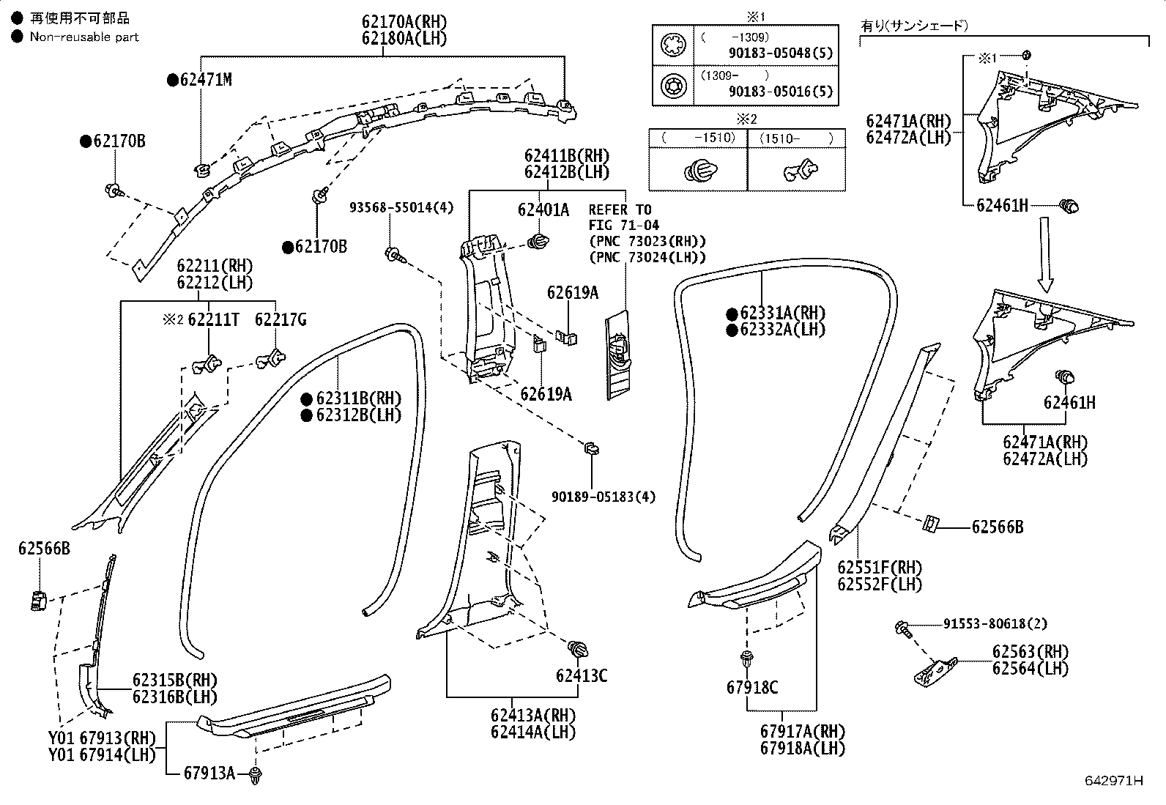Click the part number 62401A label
[543, 209]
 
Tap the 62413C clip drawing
[579, 649]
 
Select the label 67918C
[752, 688]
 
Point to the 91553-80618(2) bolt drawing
[904, 628]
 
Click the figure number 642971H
[1114, 781]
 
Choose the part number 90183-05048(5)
[781, 53]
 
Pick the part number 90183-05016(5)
[781, 92]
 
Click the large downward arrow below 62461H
[1044, 255]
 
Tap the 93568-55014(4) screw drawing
[396, 255]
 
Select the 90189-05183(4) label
[604, 497]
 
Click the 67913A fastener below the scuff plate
[255, 775]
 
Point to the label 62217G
[281, 319]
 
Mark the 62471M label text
[206, 80]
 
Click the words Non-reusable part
[84, 37]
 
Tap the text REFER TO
[620, 209]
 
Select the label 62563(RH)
[1031, 652]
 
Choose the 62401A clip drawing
[538, 241]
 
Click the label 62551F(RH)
[880, 568]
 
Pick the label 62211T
[213, 319]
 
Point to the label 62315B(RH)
[175, 680]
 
